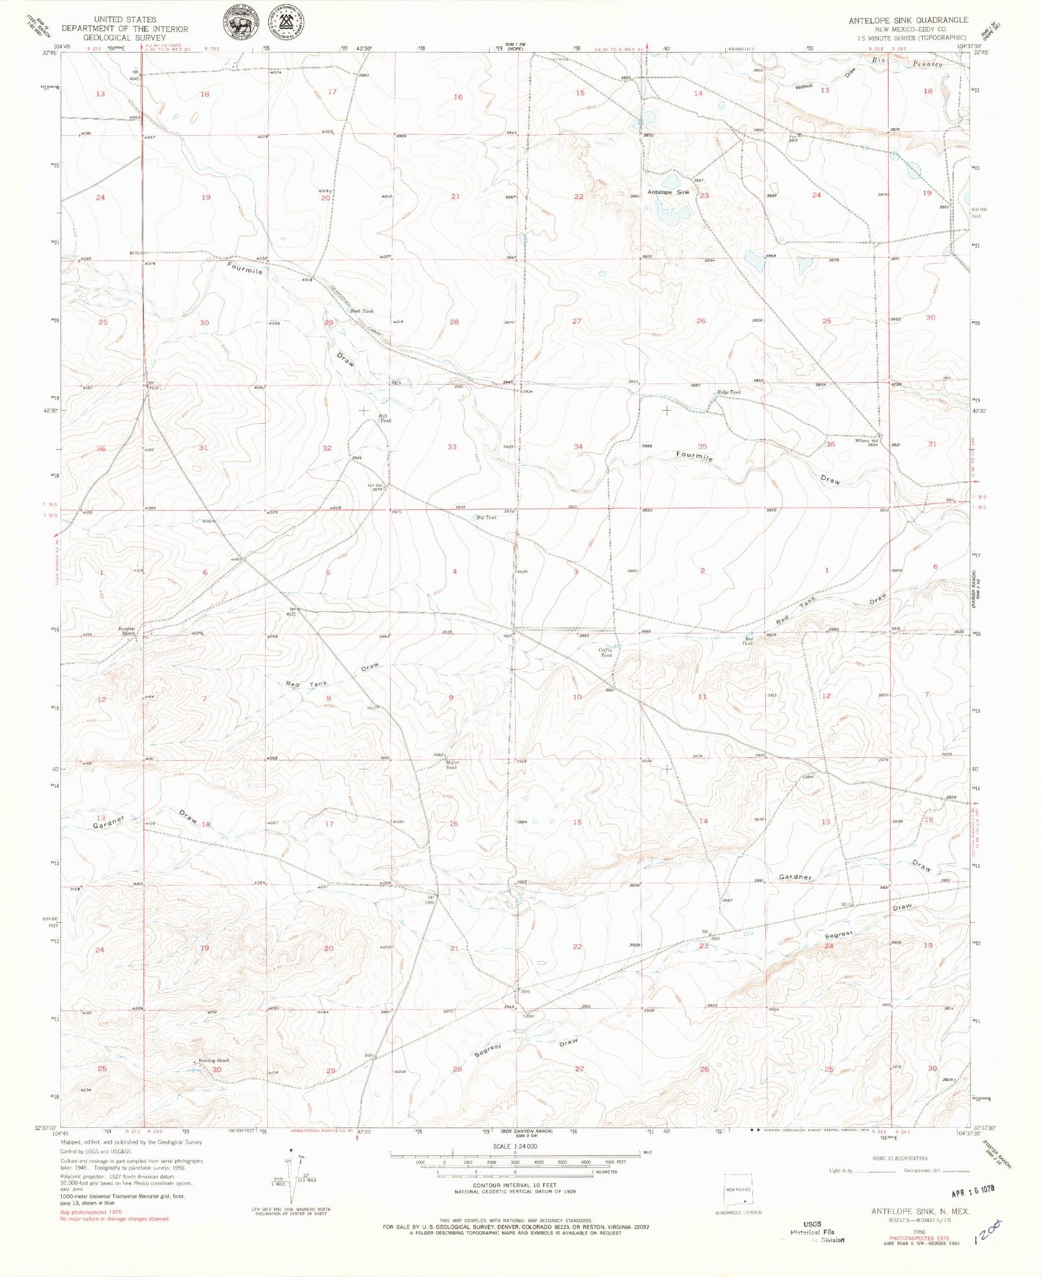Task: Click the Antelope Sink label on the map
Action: pyautogui.click(x=668, y=193)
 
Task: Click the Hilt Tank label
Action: pyautogui.click(x=385, y=418)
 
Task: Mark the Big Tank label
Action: pyautogui.click(x=487, y=518)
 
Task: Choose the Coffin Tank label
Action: pyautogui.click(x=606, y=652)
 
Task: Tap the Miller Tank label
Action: pyautogui.click(x=452, y=765)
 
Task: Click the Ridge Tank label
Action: pyautogui.click(x=729, y=392)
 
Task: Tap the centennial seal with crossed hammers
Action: pyautogui.click(x=286, y=23)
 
